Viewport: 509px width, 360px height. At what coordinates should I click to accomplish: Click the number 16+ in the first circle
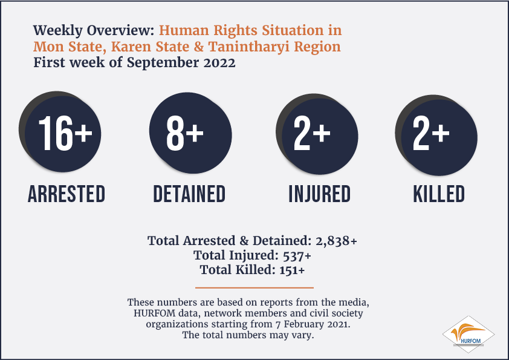pyautogui.click(x=65, y=134)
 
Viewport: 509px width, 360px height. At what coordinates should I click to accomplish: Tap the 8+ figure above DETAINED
pyautogui.click(x=185, y=134)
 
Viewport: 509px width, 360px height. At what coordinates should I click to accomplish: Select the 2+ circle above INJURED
pyautogui.click(x=317, y=134)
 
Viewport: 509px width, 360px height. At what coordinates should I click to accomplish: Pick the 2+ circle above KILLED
pyautogui.click(x=436, y=135)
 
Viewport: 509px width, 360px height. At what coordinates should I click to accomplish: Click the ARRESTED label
pyautogui.click(x=66, y=194)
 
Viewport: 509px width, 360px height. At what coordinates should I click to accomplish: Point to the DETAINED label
pyautogui.click(x=189, y=194)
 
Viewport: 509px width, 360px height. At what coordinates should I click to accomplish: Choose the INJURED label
pyautogui.click(x=320, y=194)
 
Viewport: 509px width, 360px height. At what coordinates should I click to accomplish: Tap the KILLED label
pyautogui.click(x=439, y=194)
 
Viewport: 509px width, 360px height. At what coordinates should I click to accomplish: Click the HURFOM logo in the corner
pyautogui.click(x=468, y=335)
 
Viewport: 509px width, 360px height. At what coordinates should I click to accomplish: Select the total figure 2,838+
pyautogui.click(x=336, y=241)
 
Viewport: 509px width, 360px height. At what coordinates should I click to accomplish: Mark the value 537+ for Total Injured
pyautogui.click(x=297, y=256)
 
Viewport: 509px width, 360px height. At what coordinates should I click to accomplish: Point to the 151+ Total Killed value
pyautogui.click(x=292, y=270)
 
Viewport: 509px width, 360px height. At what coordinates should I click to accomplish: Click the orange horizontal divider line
pyautogui.click(x=254, y=287)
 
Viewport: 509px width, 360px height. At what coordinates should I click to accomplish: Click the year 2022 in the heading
pyautogui.click(x=219, y=63)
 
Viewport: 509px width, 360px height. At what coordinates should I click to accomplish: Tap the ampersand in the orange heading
pyautogui.click(x=199, y=47)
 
